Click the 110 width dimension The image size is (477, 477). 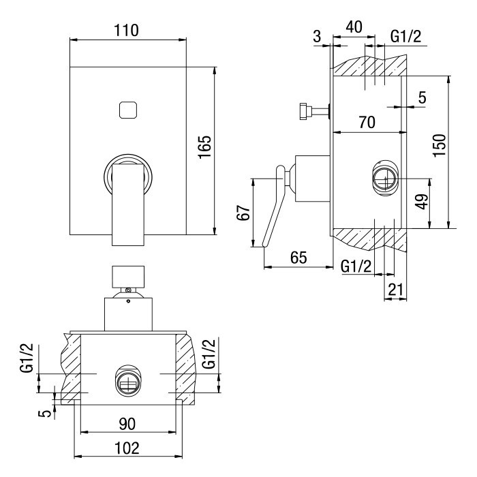pyautogui.click(x=127, y=31)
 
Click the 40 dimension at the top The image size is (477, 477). pyautogui.click(x=354, y=28)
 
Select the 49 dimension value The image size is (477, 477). pyautogui.click(x=422, y=202)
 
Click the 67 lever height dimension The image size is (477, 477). pyautogui.click(x=243, y=213)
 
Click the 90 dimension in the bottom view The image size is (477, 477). pyautogui.click(x=127, y=423)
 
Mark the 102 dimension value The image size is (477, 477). pyautogui.click(x=127, y=448)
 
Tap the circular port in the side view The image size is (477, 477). pyautogui.click(x=384, y=179)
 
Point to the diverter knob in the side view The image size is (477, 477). pyautogui.click(x=307, y=110)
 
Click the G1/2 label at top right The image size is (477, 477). pyautogui.click(x=406, y=35)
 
